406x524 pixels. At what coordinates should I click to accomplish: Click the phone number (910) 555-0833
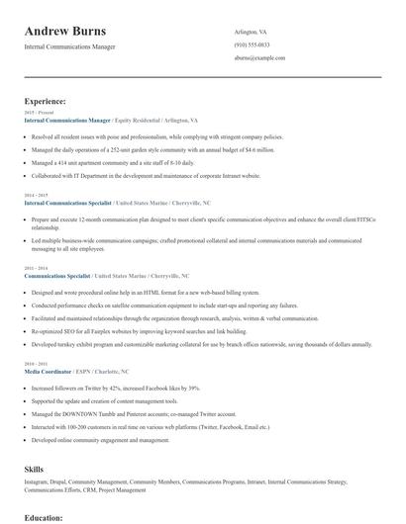pos(252,45)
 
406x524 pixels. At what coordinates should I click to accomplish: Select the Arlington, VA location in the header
pos(252,32)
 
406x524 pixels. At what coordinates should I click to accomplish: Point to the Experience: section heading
pos(46,101)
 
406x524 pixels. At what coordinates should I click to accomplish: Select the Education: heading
pos(44,517)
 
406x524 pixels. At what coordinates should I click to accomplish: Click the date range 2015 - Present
pos(35,113)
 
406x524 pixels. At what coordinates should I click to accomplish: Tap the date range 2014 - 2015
pos(35,195)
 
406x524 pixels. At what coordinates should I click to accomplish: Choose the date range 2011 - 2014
pos(35,268)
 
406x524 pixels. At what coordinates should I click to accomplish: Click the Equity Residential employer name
pos(138,120)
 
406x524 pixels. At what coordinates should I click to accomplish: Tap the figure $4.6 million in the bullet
pos(259,149)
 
